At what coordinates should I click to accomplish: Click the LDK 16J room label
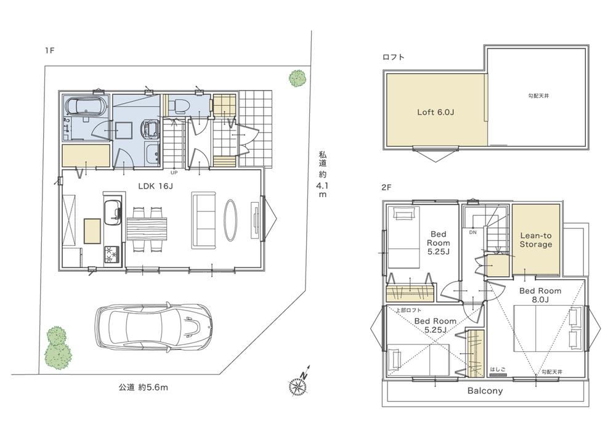pyautogui.click(x=155, y=186)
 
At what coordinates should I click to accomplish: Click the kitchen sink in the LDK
pyautogui.click(x=113, y=212)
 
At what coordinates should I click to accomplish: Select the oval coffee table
pyautogui.click(x=230, y=220)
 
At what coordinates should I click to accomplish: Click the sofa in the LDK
pyautogui.click(x=203, y=220)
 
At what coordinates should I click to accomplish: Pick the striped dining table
pyautogui.click(x=147, y=229)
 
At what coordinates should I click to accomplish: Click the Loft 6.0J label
pyautogui.click(x=436, y=112)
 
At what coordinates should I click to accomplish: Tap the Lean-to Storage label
pyautogui.click(x=536, y=240)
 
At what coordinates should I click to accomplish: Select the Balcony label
pyautogui.click(x=485, y=391)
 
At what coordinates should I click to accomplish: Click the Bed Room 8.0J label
pyautogui.click(x=540, y=295)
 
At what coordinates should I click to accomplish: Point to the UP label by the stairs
pyautogui.click(x=174, y=173)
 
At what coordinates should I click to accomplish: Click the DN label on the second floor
pyautogui.click(x=472, y=232)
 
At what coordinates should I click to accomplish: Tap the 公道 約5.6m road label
pyautogui.click(x=144, y=388)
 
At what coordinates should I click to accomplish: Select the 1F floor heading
pyautogui.click(x=49, y=51)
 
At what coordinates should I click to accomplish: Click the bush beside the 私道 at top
pyautogui.click(x=298, y=78)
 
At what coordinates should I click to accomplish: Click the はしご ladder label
pyautogui.click(x=498, y=370)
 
